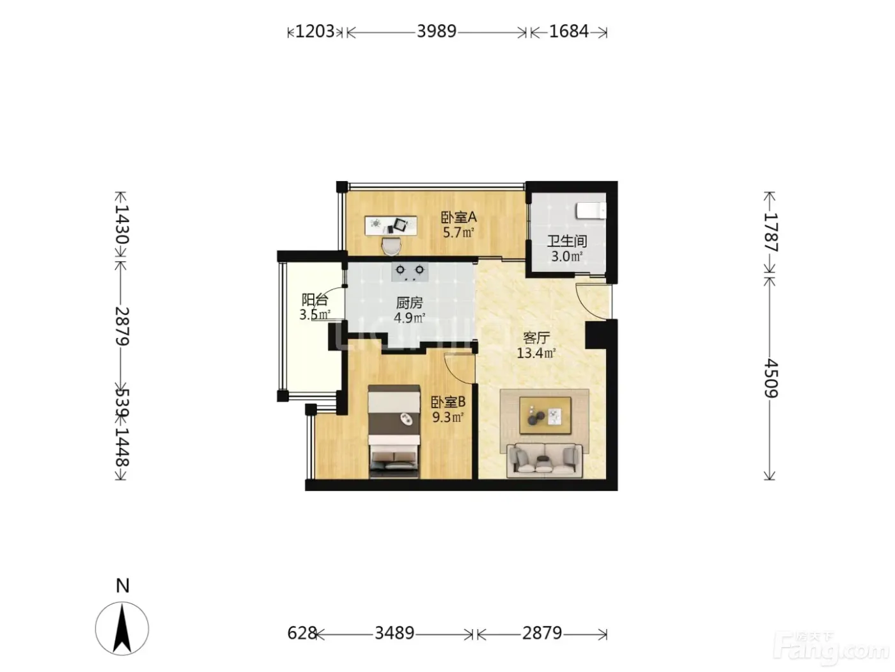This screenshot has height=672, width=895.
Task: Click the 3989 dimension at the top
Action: [x=436, y=31]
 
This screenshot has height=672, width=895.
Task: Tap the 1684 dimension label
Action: [x=569, y=31]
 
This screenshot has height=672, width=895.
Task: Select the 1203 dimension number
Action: [x=315, y=31]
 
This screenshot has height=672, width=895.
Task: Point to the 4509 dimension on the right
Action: [x=770, y=378]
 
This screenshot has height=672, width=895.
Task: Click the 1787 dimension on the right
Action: [x=770, y=232]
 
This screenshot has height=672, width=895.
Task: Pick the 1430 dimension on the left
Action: [x=121, y=224]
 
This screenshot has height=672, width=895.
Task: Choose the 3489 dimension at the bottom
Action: [x=394, y=633]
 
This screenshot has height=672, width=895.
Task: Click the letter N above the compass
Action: [x=123, y=586]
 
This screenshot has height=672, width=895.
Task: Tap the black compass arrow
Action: [x=122, y=628]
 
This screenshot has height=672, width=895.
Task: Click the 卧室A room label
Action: [x=459, y=217]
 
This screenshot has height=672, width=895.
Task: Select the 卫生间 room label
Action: [x=567, y=241]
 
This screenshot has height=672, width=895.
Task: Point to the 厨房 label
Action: [x=409, y=303]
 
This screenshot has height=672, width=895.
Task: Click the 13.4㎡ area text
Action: [x=536, y=353]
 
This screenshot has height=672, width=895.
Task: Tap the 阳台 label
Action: [x=315, y=300]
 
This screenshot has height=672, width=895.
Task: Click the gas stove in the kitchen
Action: [x=410, y=272]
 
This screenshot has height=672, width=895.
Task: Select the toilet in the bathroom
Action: [x=591, y=211]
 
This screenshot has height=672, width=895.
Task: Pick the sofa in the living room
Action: [x=544, y=460]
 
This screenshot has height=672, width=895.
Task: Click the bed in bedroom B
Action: [x=394, y=431]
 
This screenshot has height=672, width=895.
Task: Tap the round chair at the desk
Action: [x=391, y=246]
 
